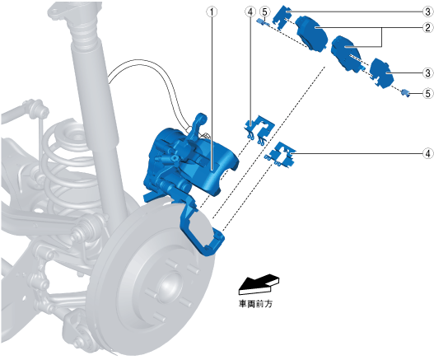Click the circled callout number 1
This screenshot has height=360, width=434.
click(x=212, y=12)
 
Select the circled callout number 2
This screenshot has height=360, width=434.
click(x=427, y=27)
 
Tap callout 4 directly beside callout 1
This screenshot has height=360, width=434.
click(x=250, y=12)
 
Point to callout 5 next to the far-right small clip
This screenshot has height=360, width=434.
click(x=428, y=94)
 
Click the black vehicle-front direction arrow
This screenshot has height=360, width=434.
click(x=259, y=284)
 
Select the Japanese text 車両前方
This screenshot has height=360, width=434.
click(x=255, y=304)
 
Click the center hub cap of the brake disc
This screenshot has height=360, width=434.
click(x=169, y=285)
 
